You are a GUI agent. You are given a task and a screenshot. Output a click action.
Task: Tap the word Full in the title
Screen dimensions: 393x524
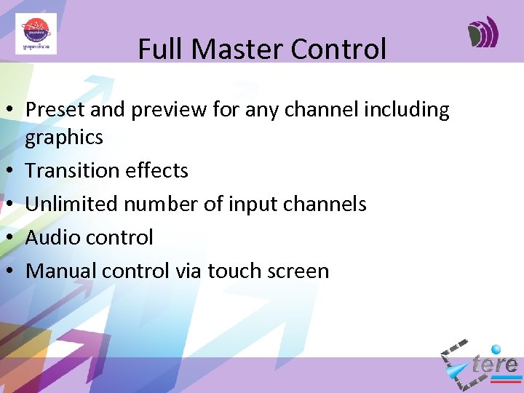pyautogui.click(x=155, y=49)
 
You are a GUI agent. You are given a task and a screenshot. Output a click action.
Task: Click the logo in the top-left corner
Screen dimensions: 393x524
pyautogui.click(x=36, y=33)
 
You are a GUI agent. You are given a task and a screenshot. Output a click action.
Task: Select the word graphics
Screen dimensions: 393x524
pyautogui.click(x=64, y=137)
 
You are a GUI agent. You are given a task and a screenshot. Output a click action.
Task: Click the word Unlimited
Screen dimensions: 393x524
pyautogui.click(x=72, y=204)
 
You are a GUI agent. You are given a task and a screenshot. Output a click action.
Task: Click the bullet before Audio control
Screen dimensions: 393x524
pyautogui.click(x=13, y=238)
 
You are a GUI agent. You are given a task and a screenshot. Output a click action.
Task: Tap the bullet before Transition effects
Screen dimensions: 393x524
pyautogui.click(x=13, y=171)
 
